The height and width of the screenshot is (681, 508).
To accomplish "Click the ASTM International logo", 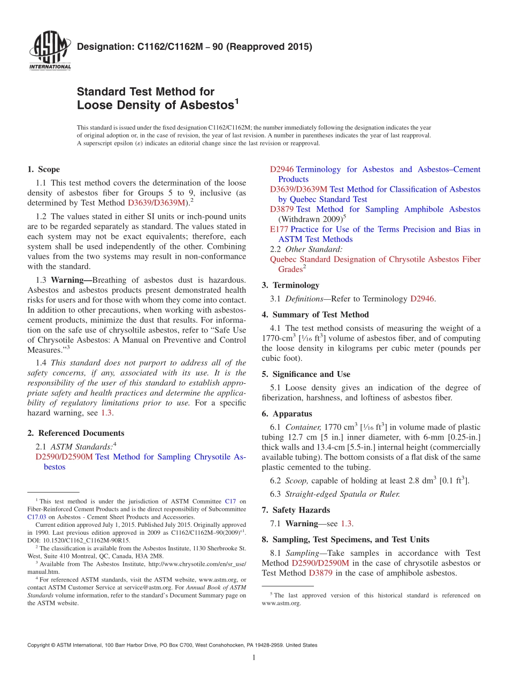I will tap(50, 51).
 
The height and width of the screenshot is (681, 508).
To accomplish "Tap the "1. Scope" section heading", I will tap(43, 170).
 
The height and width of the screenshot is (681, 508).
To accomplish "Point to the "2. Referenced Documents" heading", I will tap(75, 433).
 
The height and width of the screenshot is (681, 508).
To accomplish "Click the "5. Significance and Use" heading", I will tap(306, 374).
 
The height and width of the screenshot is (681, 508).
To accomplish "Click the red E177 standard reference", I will tap(279, 229).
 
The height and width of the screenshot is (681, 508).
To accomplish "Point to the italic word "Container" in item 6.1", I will tap(303, 427).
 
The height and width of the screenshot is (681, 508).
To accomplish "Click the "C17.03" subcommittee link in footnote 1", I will tap(36, 517).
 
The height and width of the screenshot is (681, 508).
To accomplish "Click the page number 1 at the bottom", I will tap(253, 658).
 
